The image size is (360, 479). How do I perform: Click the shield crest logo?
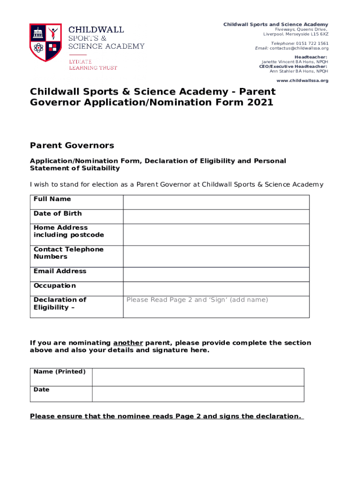tap(45, 43)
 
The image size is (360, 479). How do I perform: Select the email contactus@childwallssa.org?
tap(299, 48)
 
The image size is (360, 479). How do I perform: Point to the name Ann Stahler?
tap(282, 71)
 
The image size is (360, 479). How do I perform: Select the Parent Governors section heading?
tap(72, 145)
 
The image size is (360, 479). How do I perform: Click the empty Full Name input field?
tap(216, 202)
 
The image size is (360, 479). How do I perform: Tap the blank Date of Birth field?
tap(216, 217)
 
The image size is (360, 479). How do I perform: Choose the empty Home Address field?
tap(216, 234)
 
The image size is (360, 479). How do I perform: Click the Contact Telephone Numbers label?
tap(68, 253)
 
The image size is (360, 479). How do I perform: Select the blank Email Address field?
tap(216, 274)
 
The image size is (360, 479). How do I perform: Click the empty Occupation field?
tap(216, 289)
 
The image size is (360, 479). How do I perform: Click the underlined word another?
tap(128, 343)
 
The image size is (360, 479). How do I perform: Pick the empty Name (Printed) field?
tap(198, 377)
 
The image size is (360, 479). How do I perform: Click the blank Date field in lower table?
tap(198, 394)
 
